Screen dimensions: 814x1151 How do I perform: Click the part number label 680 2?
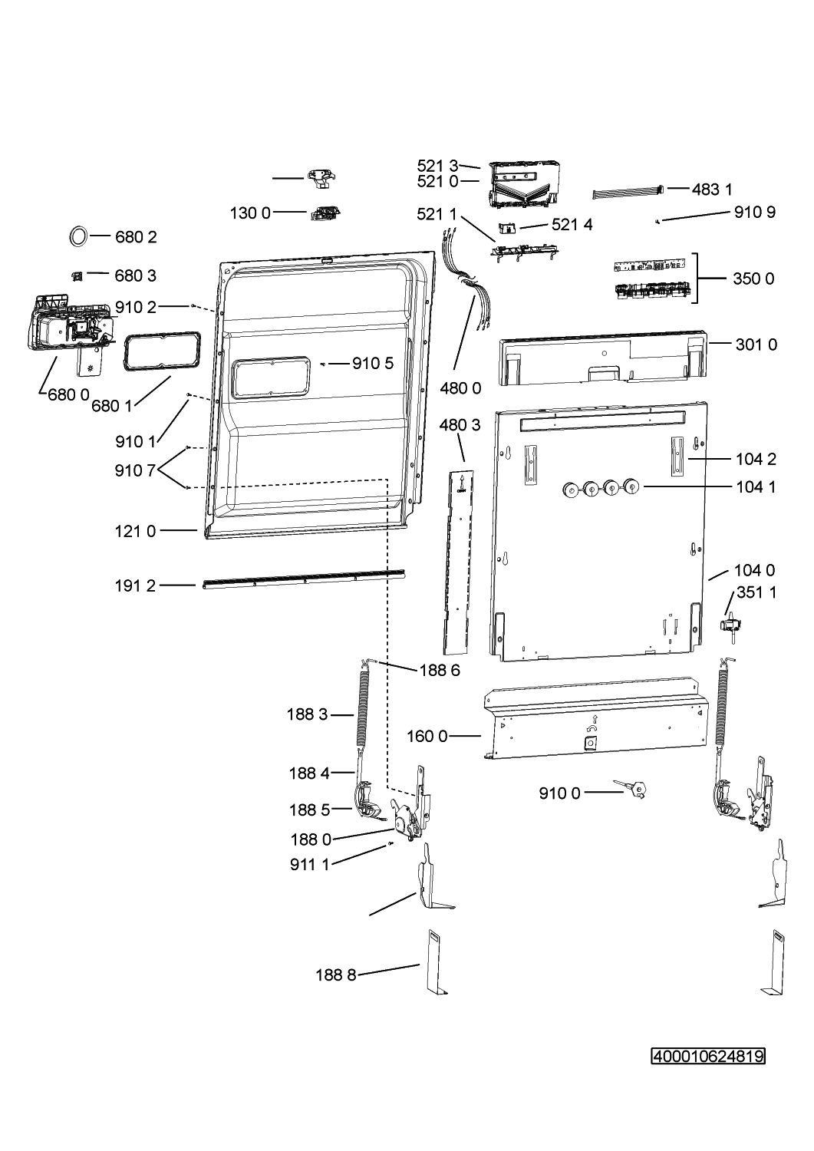136,237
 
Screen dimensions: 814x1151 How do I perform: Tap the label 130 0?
250,213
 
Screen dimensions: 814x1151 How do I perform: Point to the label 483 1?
712,190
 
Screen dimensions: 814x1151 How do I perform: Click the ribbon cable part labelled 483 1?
628,193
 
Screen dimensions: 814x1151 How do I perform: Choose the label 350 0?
753,279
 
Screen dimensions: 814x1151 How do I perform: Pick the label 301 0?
756,345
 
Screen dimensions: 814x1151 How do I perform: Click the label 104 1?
756,486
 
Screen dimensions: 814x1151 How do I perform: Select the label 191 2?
135,585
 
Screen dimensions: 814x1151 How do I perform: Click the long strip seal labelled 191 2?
304,579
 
